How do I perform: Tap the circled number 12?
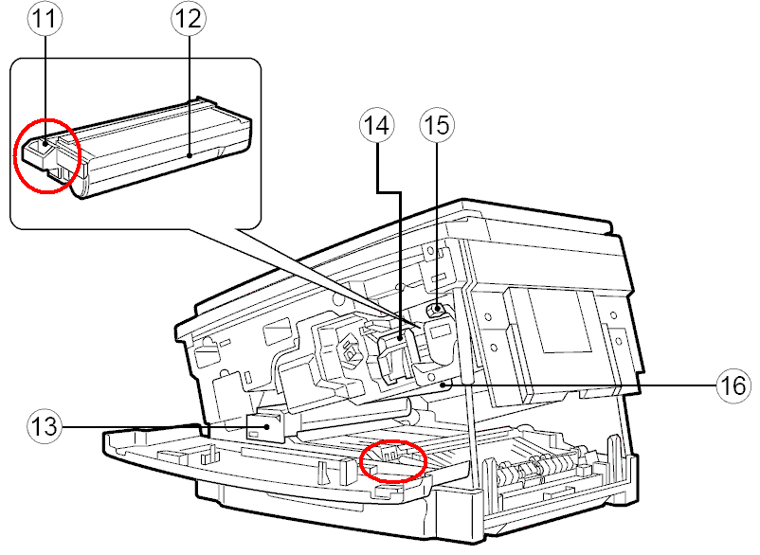(x=188, y=18)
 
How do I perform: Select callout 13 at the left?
(x=45, y=426)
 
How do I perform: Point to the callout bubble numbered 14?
(x=376, y=125)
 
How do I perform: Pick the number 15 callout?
(x=437, y=125)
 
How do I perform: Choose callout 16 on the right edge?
(x=733, y=385)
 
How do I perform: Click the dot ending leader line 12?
(x=190, y=155)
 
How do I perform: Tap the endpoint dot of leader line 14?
(x=400, y=338)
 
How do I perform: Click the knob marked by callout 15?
(x=436, y=309)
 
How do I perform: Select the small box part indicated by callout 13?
(x=265, y=426)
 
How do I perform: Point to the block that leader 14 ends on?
(x=395, y=356)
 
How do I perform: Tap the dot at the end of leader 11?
(x=45, y=143)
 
